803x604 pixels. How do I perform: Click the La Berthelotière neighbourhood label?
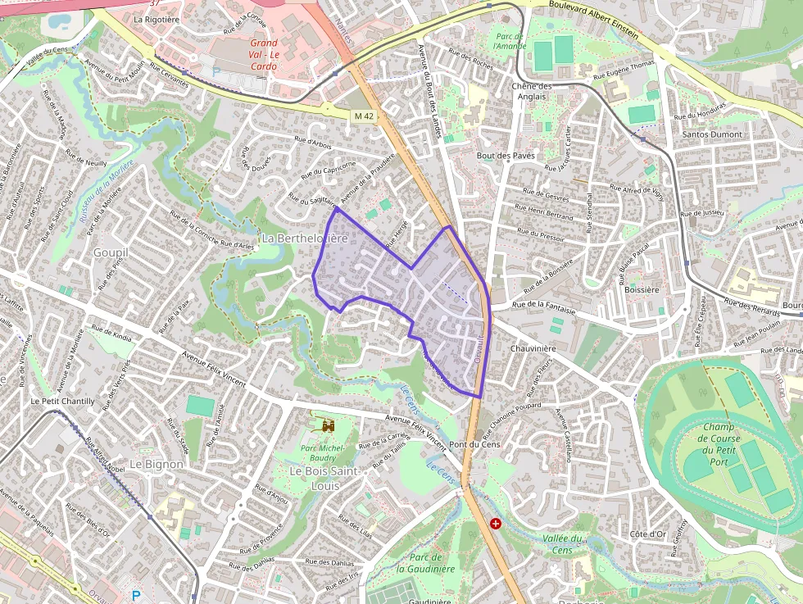pos(304,238)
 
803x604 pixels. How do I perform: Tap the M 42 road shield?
pos(364,116)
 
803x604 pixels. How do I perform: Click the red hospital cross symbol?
pos(496,523)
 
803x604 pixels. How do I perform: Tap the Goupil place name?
pos(110,252)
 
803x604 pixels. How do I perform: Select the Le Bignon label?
pos(157,464)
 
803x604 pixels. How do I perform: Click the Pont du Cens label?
pos(469,444)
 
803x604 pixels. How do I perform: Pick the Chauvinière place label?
pos(533,348)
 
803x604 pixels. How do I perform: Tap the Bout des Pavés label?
pos(506,155)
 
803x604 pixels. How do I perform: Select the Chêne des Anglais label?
pos(532,91)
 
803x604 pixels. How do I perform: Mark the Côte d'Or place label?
pos(647,534)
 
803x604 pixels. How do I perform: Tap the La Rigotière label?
pos(156,19)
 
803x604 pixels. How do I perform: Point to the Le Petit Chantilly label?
pos(62,402)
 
